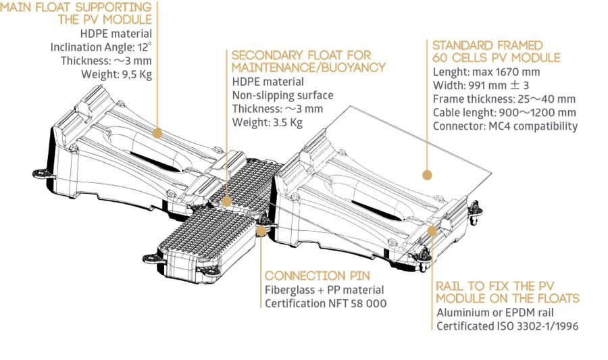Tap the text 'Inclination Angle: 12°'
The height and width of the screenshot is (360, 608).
(x=101, y=47)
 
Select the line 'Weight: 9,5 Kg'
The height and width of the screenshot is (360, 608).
(x=116, y=75)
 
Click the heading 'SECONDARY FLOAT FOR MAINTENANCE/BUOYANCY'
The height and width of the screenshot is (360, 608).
(x=308, y=61)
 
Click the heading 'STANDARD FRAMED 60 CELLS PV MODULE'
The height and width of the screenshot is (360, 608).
(x=497, y=51)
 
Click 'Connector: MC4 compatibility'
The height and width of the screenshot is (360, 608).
(x=505, y=126)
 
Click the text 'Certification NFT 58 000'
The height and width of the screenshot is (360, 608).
(x=326, y=304)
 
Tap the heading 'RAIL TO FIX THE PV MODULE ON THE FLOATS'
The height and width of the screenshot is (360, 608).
(x=507, y=292)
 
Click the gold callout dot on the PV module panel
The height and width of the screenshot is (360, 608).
(x=426, y=175)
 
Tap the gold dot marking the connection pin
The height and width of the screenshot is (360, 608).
(x=261, y=230)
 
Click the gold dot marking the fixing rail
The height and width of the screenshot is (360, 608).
(x=432, y=230)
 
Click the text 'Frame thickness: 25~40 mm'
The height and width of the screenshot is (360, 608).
(x=503, y=99)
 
